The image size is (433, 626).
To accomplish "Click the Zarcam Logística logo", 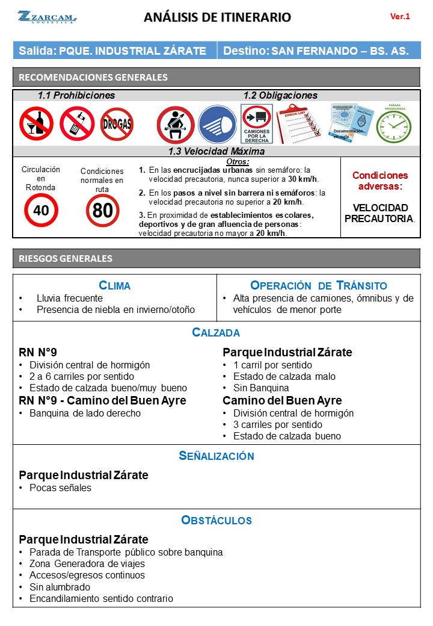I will pos(47,17).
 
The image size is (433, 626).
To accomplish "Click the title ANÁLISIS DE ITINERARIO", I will pos(217,17).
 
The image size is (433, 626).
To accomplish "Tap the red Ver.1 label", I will pos(400,17).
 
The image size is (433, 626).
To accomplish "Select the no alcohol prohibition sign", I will pos(36,123).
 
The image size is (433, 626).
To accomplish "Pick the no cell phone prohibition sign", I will pos(76,123).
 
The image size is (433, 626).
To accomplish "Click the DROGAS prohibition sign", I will pos(117,124).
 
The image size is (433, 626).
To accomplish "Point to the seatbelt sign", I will pos(175,124).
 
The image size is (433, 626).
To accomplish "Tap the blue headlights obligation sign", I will pos(217,124).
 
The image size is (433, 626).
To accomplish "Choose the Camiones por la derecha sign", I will pos(257,124).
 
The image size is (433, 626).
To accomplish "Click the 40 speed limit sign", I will pos(41,210).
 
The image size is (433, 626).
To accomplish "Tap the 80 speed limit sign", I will pos(102,210).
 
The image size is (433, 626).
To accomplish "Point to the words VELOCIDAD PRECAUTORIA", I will pos(379,212).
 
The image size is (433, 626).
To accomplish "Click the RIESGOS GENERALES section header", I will pos(66,259).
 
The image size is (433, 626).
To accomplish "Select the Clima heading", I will pos(114,285).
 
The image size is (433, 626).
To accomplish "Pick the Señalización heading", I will pos(216,456).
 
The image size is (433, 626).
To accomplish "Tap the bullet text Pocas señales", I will pos(60,488).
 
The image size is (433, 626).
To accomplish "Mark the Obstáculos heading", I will pos(216,520).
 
